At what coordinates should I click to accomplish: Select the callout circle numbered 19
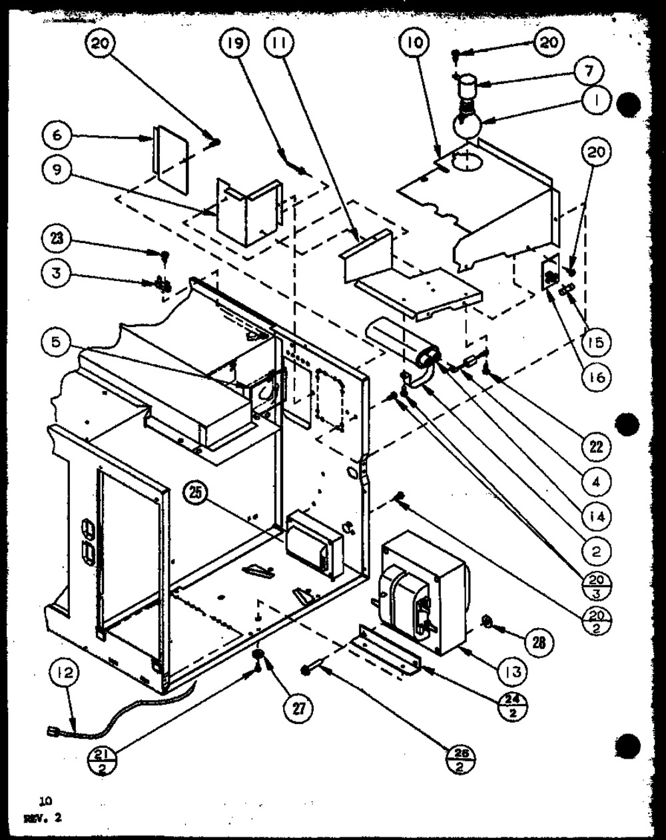[x=234, y=44]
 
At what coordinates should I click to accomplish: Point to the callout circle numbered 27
[x=298, y=709]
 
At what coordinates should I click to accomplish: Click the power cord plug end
[x=52, y=733]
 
